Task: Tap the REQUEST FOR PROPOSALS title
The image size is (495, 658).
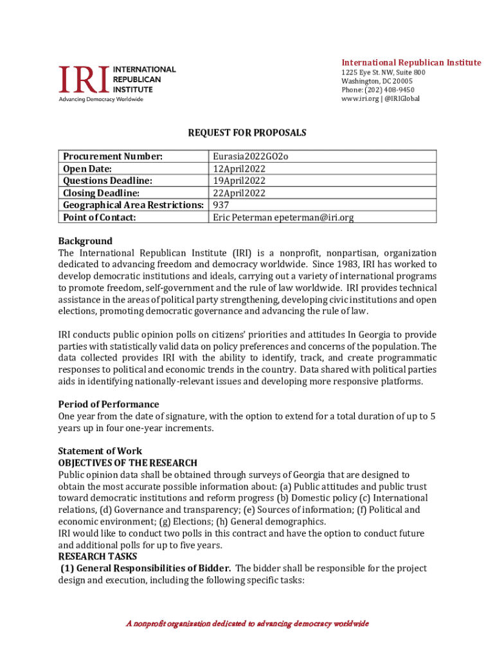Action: coord(247,133)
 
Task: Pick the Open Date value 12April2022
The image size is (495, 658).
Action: coord(240,168)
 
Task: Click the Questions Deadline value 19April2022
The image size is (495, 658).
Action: coord(240,181)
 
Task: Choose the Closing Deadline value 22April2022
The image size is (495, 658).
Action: coord(240,193)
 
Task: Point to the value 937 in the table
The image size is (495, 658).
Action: coord(221,205)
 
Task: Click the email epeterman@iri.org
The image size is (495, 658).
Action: coord(314,217)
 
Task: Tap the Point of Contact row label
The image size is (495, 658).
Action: coord(100,217)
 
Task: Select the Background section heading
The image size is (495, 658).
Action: coord(85,241)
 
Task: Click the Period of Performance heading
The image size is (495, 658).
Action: coord(109,404)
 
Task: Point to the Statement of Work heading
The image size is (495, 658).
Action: coord(100,451)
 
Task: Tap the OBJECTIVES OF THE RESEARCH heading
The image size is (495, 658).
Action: coord(128,463)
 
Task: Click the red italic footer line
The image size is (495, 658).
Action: coord(247,623)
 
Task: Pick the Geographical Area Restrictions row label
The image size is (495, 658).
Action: coord(133,205)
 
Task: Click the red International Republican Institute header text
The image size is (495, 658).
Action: coord(411,62)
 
